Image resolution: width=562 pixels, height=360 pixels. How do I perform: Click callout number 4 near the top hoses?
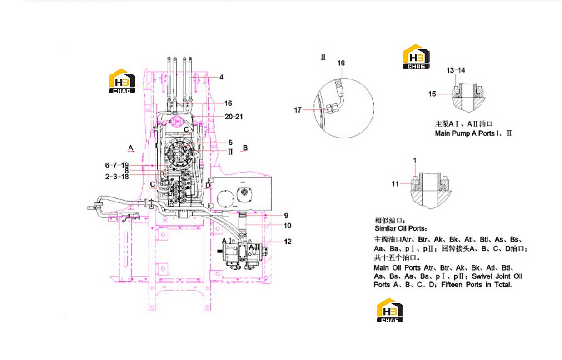[x=221, y=77]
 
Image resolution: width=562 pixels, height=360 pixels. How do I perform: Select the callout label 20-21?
[x=234, y=117]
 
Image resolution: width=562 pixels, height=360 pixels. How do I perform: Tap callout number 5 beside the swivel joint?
[x=230, y=143]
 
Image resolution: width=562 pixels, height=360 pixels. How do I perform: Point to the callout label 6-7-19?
[x=117, y=165]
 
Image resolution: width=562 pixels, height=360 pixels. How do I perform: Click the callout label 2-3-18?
[x=117, y=177]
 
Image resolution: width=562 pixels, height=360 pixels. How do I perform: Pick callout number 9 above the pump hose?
[x=286, y=216]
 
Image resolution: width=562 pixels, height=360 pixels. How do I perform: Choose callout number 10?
[x=288, y=226]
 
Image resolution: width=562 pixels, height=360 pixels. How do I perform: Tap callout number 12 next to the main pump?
[x=288, y=242]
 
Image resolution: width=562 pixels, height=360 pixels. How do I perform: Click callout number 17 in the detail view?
[x=298, y=110]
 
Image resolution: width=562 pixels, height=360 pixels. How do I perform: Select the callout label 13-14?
[x=456, y=70]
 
